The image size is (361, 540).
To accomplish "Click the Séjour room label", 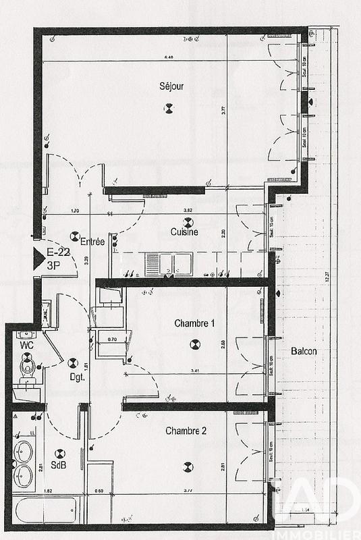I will click(171, 86).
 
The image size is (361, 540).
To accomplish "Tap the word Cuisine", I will click(184, 233).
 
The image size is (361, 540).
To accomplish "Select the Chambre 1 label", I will click(194, 324).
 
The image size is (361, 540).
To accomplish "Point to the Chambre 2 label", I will click(186, 431).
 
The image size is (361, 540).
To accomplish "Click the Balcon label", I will click(304, 352).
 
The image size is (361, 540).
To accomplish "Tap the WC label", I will click(26, 345).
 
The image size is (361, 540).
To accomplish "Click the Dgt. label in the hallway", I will click(76, 378).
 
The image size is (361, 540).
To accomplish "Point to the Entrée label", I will click(92, 242).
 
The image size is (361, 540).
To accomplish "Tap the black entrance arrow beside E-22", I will click(38, 259).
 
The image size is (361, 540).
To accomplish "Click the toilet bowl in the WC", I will click(28, 367).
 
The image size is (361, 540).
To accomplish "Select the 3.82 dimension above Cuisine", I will click(178, 211).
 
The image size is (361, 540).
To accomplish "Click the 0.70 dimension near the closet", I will click(113, 339).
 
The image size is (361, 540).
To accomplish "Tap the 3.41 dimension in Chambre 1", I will click(194, 371).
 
